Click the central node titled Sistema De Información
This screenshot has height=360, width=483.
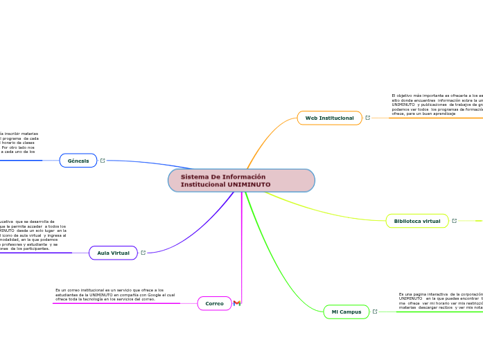coord(240,180)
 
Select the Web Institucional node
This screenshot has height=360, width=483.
coord(329,118)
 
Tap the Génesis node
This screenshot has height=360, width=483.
coord(78,161)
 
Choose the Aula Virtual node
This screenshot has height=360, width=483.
coord(113,253)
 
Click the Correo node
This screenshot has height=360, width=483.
coord(214,303)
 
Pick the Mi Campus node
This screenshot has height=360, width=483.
coord(346,312)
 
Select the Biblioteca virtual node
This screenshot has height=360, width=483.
coord(416,221)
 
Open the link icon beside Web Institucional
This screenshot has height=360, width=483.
coord(368,118)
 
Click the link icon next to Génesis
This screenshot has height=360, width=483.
coord(103,161)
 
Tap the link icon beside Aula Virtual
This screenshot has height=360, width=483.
coord(143,253)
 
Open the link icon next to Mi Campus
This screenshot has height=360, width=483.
coord(376,312)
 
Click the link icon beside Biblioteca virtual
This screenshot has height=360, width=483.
coord(455,221)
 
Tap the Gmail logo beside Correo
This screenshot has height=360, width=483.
coord(237,303)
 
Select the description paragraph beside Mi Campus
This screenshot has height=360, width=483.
coord(440,300)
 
